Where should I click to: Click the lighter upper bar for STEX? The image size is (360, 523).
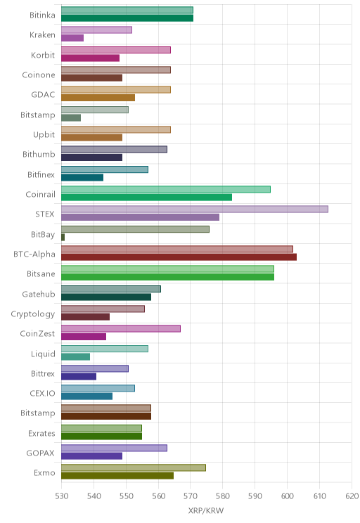195,209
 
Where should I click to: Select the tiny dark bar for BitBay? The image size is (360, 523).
63,237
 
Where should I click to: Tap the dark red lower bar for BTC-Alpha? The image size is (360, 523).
179,257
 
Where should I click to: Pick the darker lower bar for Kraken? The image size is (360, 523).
72,38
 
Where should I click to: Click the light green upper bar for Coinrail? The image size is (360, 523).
166,189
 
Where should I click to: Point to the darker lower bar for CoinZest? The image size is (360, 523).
84,337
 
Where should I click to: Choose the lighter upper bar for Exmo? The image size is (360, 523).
134,467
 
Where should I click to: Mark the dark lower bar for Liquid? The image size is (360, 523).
76,356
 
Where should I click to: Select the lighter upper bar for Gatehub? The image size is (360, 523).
111,289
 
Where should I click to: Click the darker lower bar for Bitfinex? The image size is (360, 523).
82,177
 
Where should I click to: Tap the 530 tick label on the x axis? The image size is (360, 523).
61,496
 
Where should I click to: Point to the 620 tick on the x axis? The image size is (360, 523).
352,496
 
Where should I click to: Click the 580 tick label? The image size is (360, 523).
223,496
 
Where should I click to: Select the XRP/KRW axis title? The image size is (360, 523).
206,510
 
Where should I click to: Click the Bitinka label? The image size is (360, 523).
42,15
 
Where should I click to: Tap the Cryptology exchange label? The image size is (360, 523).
33,314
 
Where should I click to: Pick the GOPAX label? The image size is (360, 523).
40,453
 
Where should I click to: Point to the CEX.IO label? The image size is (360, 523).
42,393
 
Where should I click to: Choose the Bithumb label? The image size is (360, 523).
39,154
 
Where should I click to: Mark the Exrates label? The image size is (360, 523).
41,433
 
